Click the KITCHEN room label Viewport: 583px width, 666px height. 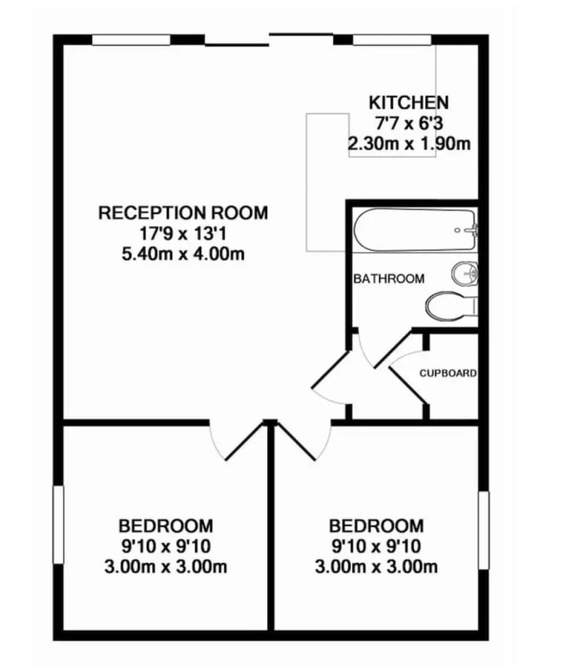coord(409,103)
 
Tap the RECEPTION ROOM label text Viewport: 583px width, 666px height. coord(183,212)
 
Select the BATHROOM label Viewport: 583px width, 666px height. coord(389,278)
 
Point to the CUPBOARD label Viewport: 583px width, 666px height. coord(448,373)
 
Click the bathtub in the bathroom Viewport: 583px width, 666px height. coord(416,229)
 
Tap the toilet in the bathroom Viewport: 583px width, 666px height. coord(452,305)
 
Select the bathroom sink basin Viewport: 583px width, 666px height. coord(464,273)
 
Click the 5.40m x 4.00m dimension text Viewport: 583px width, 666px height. coord(183,254)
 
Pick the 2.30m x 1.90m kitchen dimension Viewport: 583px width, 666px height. coord(409,144)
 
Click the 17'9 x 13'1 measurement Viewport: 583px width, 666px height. coord(183,233)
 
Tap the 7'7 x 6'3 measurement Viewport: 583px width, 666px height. coord(409,123)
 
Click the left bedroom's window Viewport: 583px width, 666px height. coord(58,525)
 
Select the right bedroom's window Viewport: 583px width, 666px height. coord(483,530)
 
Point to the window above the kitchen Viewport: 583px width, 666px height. coord(392,40)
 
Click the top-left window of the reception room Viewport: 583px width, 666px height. coord(131,40)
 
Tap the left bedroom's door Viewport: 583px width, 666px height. coord(244,441)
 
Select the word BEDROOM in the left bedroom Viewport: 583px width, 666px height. coord(166,526)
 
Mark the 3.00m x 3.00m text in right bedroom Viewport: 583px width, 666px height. coord(376,566)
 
